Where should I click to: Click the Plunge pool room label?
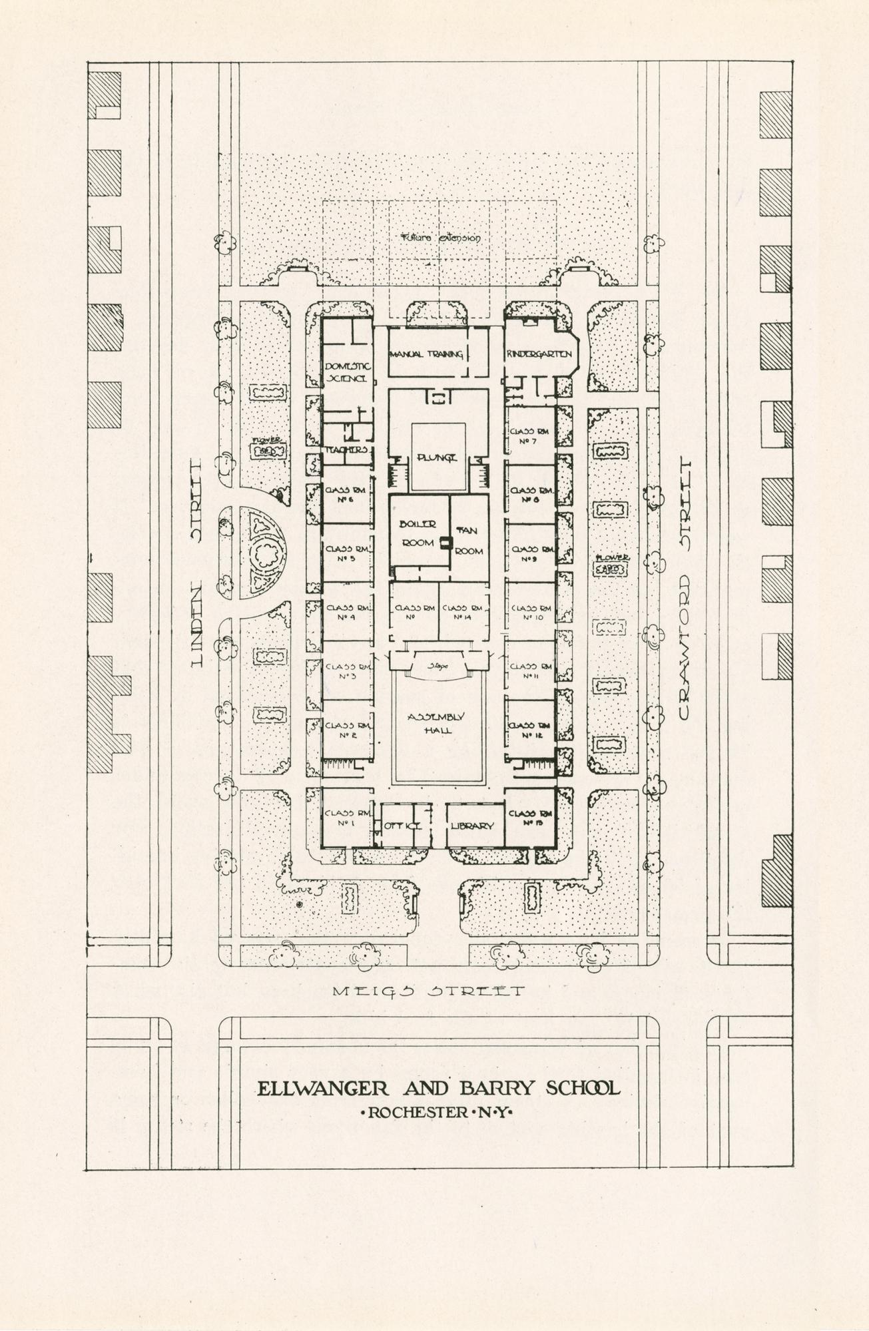(x=437, y=457)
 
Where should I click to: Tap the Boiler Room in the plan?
(x=418, y=533)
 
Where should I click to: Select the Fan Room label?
(x=469, y=541)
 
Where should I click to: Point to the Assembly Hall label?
(x=437, y=723)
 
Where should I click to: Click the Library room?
(x=472, y=826)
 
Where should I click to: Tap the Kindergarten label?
(x=539, y=354)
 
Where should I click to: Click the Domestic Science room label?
(x=346, y=372)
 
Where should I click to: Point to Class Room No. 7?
(x=530, y=436)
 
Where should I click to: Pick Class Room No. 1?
(x=346, y=818)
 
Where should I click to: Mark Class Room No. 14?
(x=463, y=613)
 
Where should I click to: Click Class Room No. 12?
(x=530, y=730)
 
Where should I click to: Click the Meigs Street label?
(x=428, y=991)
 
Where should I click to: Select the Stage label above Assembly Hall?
(x=437, y=665)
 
